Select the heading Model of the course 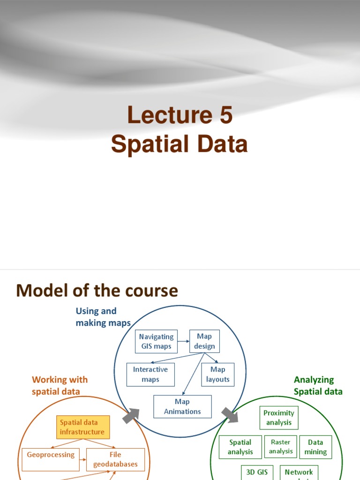(x=97, y=291)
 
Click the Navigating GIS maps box (x=156, y=342)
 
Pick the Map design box (x=204, y=341)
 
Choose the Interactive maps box (x=150, y=375)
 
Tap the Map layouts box (x=217, y=375)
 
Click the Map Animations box (x=182, y=406)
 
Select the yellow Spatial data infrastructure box (x=82, y=427)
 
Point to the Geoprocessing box (x=51, y=455)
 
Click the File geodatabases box (x=115, y=459)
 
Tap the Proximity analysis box (x=279, y=418)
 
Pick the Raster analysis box (x=281, y=447)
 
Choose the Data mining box (x=315, y=447)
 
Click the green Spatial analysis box (x=240, y=447)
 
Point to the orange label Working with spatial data (x=60, y=385)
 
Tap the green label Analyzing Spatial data (x=318, y=385)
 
